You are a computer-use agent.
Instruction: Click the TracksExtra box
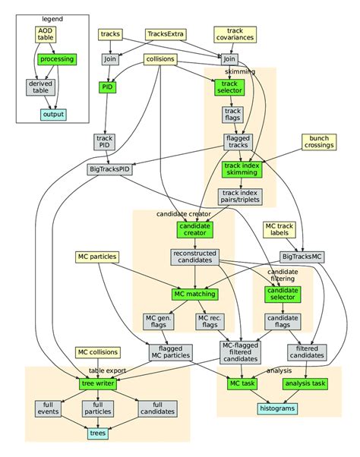click(167, 35)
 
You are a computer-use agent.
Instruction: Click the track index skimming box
click(241, 169)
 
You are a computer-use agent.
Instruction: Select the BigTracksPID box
click(109, 169)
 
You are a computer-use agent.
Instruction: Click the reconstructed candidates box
click(194, 257)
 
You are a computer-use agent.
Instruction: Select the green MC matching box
click(194, 293)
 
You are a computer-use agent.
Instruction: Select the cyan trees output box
click(98, 433)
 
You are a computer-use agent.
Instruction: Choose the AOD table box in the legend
click(46, 34)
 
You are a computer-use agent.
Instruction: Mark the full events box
click(48, 408)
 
